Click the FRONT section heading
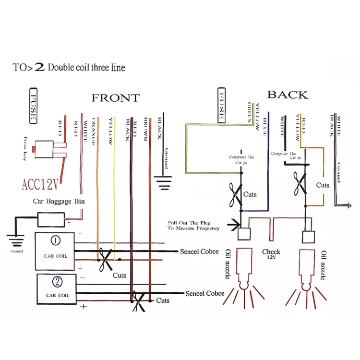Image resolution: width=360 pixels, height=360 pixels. coord(116,98)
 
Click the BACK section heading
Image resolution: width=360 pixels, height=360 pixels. coord(288,95)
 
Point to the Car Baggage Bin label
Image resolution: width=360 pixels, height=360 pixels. coord(59,202)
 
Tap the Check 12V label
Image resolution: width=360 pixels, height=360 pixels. coord(271,254)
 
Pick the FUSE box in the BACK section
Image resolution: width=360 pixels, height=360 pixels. coord(222,105)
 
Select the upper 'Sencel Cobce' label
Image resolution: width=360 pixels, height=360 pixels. coord(199,251)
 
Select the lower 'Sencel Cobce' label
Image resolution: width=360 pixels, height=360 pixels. coord(205,293)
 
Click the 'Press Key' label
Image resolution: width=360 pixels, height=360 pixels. coord(21,149)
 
